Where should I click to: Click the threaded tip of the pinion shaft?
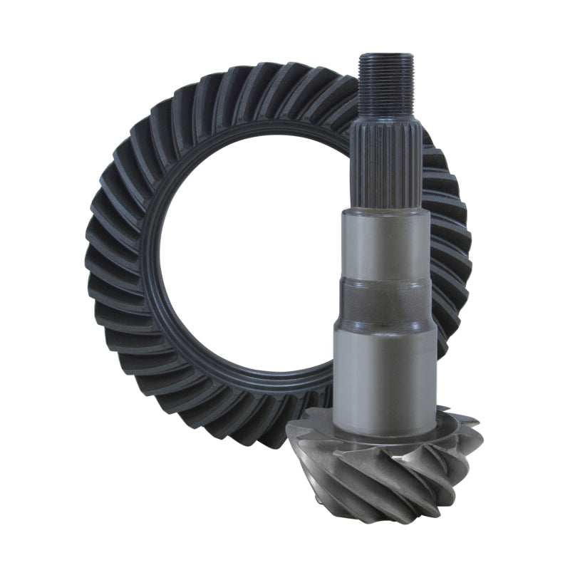(385, 85)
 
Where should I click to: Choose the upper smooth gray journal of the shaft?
(385, 242)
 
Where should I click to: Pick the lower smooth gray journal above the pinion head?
(385, 363)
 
